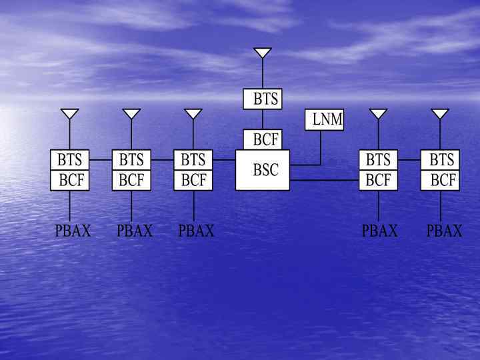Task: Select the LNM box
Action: pyautogui.click(x=325, y=119)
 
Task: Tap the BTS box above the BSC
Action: pyautogui.click(x=263, y=99)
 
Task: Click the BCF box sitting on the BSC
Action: pyautogui.click(x=263, y=139)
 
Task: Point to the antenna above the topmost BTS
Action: pyautogui.click(x=263, y=53)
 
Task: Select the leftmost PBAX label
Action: pyautogui.click(x=72, y=231)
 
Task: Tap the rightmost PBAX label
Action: pyautogui.click(x=444, y=231)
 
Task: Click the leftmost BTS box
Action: pyautogui.click(x=70, y=160)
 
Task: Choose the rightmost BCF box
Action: pyautogui.click(x=441, y=180)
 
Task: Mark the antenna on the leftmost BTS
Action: pyautogui.click(x=70, y=113)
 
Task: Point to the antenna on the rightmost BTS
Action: pyautogui.click(x=440, y=113)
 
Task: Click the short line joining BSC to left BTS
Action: pyautogui.click(x=224, y=160)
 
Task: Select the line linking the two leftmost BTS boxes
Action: pyautogui.click(x=101, y=160)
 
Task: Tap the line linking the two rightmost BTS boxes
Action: pyautogui.click(x=409, y=160)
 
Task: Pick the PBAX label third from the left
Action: pyautogui.click(x=197, y=231)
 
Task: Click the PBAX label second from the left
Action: pyautogui.click(x=134, y=231)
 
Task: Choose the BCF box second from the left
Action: pyautogui.click(x=131, y=180)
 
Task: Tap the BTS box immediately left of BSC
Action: pyautogui.click(x=193, y=160)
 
